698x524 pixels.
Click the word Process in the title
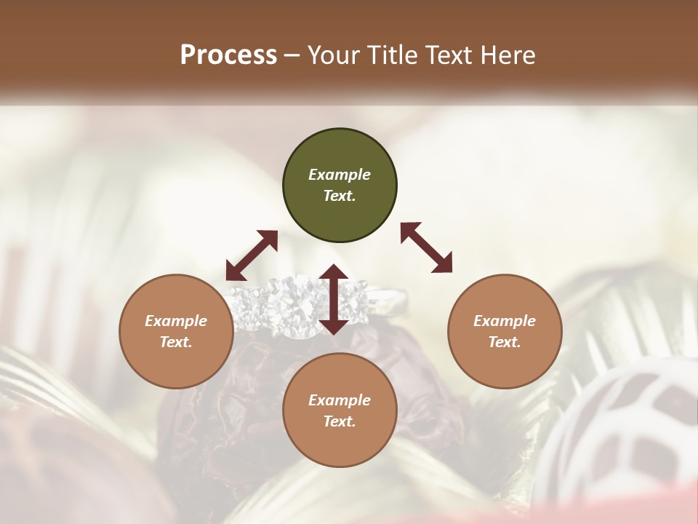coord(228,55)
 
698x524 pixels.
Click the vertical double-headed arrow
coord(334,299)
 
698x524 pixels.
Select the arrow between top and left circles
coord(252,255)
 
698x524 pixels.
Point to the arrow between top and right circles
coord(426,247)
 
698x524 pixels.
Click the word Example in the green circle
coord(340,175)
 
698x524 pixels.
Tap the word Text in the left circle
coord(176,342)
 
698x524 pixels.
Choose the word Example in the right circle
coord(505,321)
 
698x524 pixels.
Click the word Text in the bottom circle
coord(340,421)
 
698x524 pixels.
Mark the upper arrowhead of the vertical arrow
coord(334,272)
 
